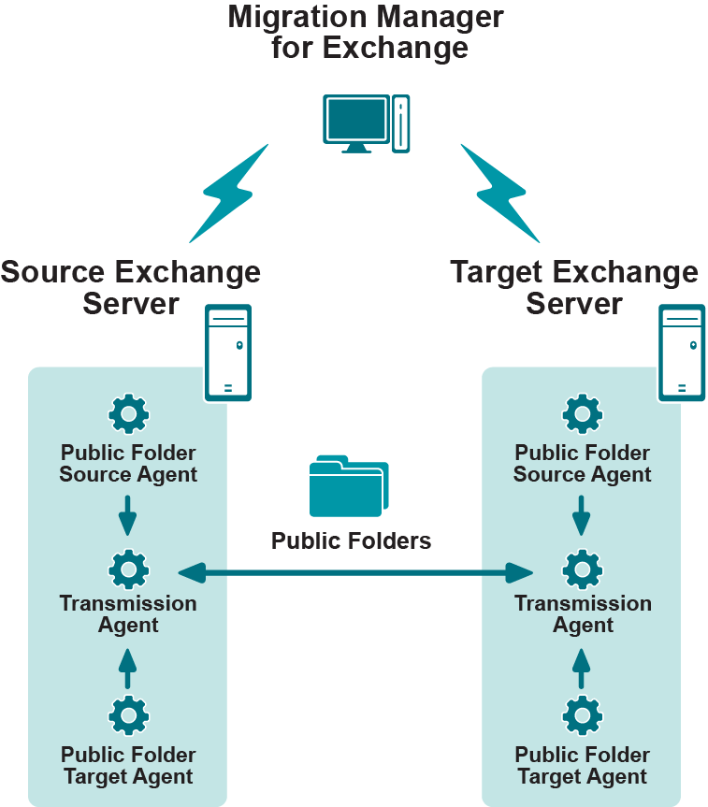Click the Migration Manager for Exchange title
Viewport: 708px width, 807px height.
pyautogui.click(x=366, y=33)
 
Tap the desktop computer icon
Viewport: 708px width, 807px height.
pyautogui.click(x=366, y=122)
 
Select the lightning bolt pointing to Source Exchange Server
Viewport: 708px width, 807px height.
pyautogui.click(x=229, y=193)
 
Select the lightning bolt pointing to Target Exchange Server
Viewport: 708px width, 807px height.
pyautogui.click(x=500, y=193)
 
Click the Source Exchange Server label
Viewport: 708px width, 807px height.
pyautogui.click(x=131, y=288)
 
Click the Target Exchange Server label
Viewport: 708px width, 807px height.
pyautogui.click(x=574, y=288)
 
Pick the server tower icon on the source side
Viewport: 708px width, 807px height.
pyautogui.click(x=228, y=353)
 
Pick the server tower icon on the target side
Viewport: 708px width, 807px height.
pyautogui.click(x=682, y=353)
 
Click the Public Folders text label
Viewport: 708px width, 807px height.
pyautogui.click(x=351, y=541)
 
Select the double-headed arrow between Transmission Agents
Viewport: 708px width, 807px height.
pyautogui.click(x=354, y=570)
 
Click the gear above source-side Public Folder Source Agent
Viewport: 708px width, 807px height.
pyautogui.click(x=128, y=413)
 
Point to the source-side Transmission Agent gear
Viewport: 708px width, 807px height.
pyautogui.click(x=128, y=569)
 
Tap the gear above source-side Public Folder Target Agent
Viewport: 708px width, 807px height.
pyautogui.click(x=128, y=716)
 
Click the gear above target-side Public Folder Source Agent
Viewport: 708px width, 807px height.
pyautogui.click(x=583, y=413)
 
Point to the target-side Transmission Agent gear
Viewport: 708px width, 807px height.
pyautogui.click(x=583, y=569)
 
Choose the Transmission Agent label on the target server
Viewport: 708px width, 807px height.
pyautogui.click(x=583, y=614)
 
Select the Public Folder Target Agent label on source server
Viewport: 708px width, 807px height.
pyautogui.click(x=128, y=766)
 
